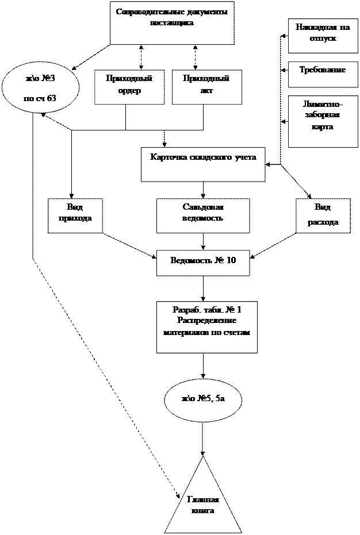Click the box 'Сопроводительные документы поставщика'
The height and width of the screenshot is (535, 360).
172,23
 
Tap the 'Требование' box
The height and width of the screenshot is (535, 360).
323,75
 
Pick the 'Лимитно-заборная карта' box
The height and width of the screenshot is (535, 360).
323,121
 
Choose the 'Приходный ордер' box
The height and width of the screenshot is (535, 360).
129,87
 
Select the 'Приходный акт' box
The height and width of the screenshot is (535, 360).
206,87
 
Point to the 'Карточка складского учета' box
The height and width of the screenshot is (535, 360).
203,164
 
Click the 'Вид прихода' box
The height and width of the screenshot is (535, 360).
75,215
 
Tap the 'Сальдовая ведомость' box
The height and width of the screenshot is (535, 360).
203,215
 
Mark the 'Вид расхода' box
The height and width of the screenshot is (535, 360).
323,215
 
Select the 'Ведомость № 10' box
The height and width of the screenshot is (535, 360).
203,263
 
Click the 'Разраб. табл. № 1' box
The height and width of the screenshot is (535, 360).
206,326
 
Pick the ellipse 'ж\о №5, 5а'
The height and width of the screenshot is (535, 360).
202,398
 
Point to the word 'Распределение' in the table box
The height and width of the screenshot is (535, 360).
207,321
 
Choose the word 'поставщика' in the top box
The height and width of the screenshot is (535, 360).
172,24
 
